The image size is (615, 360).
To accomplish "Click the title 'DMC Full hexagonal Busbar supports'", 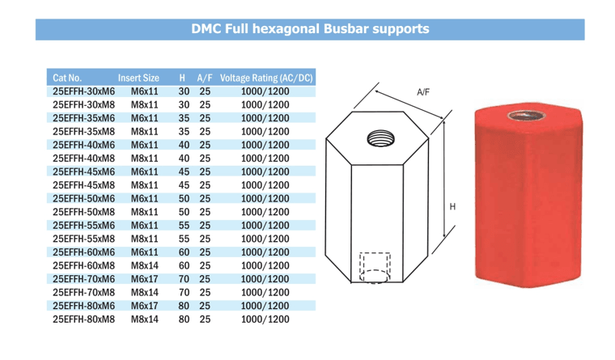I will pyautogui.click(x=309, y=29).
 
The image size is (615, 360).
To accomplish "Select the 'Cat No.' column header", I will pyautogui.click(x=67, y=78).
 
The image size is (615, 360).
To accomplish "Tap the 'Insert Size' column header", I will pyautogui.click(x=138, y=78).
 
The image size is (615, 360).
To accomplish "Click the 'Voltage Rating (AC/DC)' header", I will pyautogui.click(x=265, y=78).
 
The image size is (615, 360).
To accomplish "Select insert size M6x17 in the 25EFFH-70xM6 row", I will pyautogui.click(x=144, y=279).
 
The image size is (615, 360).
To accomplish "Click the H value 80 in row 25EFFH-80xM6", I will pyautogui.click(x=184, y=306).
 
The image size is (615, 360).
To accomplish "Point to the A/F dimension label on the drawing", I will pyautogui.click(x=422, y=92).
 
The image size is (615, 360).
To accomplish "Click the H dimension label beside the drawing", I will pyautogui.click(x=452, y=207).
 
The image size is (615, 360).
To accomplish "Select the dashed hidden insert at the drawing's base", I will pyautogui.click(x=375, y=267).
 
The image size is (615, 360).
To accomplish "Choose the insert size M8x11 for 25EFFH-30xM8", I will pyautogui.click(x=144, y=106).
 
